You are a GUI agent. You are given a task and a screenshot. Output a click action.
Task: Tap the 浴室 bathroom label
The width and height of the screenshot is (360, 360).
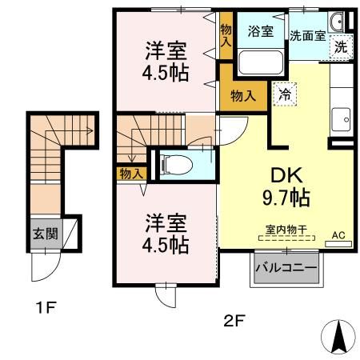click(x=261, y=32)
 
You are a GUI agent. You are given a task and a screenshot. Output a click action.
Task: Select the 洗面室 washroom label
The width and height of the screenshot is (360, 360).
click(x=307, y=36)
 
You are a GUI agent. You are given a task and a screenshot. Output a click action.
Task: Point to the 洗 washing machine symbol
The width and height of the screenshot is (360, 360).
click(x=341, y=47)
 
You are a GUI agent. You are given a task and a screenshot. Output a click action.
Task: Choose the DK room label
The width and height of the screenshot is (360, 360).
click(x=283, y=175)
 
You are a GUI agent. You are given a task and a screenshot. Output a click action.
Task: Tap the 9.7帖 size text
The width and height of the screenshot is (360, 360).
click(x=283, y=197)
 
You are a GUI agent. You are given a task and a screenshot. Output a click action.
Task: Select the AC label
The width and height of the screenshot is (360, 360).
click(x=338, y=235)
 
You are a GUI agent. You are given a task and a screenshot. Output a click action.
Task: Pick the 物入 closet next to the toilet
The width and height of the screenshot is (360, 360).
click(x=131, y=173)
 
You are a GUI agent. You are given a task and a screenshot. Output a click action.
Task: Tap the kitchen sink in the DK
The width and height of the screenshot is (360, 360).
click(x=344, y=117)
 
